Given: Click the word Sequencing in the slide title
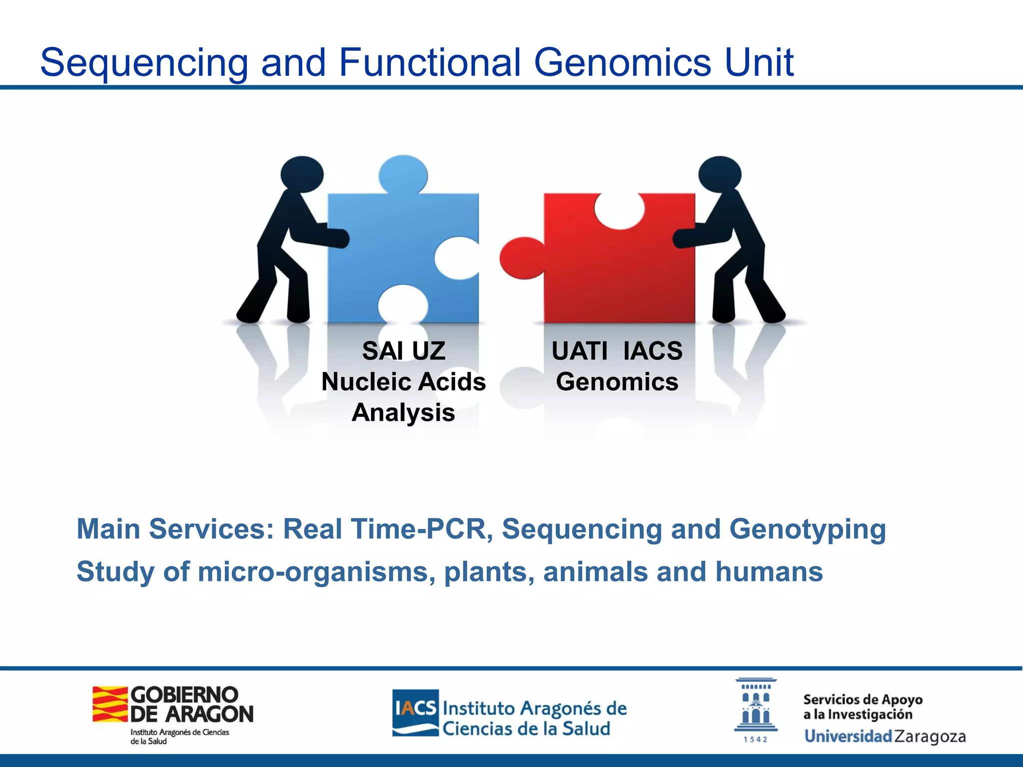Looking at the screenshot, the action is click(144, 63).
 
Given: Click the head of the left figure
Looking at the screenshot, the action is click(302, 174).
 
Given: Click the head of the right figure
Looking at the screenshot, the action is click(719, 174).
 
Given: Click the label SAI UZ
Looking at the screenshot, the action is click(403, 351).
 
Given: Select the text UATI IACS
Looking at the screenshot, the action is click(617, 351).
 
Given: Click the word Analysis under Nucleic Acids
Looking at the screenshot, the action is click(403, 413).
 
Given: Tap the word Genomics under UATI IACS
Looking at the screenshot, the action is click(617, 382).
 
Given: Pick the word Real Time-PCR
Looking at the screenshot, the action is click(384, 529).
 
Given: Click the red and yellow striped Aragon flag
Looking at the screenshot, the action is click(110, 704).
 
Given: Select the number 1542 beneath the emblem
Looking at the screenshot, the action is click(755, 740).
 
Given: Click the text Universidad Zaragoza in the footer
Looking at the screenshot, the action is click(885, 737).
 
